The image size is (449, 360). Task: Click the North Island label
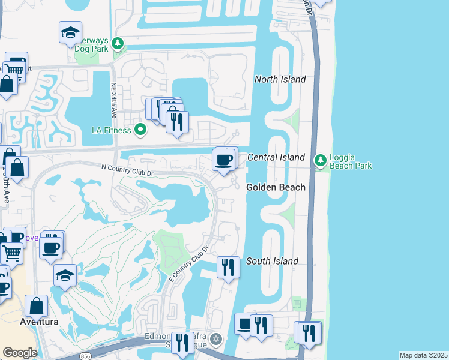click(x=280, y=79)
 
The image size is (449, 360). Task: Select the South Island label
click(x=272, y=261)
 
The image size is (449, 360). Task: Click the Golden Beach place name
click(x=276, y=188)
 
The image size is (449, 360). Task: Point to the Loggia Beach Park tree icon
click(x=321, y=160)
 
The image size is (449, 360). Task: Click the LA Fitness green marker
click(x=140, y=129)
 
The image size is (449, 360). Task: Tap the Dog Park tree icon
click(x=118, y=44)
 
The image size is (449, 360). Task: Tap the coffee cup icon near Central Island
click(x=224, y=160)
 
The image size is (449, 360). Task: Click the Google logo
click(x=20, y=353)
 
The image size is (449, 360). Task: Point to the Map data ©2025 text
click(x=423, y=355)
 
